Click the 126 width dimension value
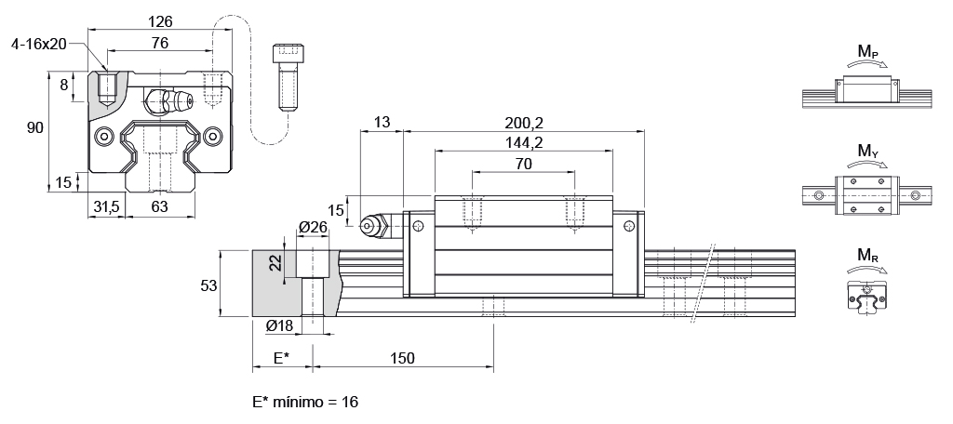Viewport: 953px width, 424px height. (159, 20)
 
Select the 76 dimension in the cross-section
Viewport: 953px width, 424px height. (159, 42)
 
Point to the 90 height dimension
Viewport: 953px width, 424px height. (35, 127)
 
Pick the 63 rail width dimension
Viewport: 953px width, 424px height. (159, 207)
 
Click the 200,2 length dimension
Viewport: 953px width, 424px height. (523, 122)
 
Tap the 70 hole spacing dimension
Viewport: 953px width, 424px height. (523, 164)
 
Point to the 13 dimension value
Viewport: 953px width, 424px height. (382, 122)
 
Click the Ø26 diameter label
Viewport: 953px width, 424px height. (313, 227)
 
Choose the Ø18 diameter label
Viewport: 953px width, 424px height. (281, 325)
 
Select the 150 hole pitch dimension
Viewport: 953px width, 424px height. (402, 358)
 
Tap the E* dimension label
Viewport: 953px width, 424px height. (280, 358)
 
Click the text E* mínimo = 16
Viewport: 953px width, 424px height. (304, 402)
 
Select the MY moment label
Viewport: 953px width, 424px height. (867, 151)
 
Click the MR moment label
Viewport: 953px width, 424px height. (867, 254)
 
